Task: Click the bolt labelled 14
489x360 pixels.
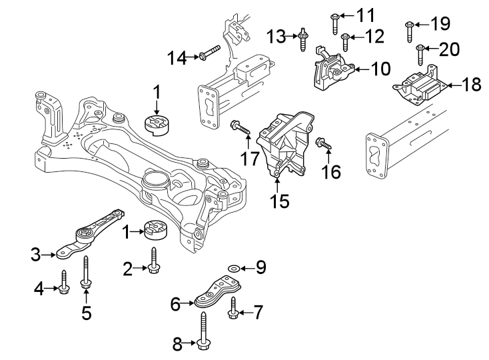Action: click(209, 53)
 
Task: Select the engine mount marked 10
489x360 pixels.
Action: click(330, 73)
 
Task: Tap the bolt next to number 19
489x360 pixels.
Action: click(409, 29)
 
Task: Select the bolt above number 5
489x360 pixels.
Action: click(85, 273)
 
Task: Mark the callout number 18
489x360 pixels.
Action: click(471, 85)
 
